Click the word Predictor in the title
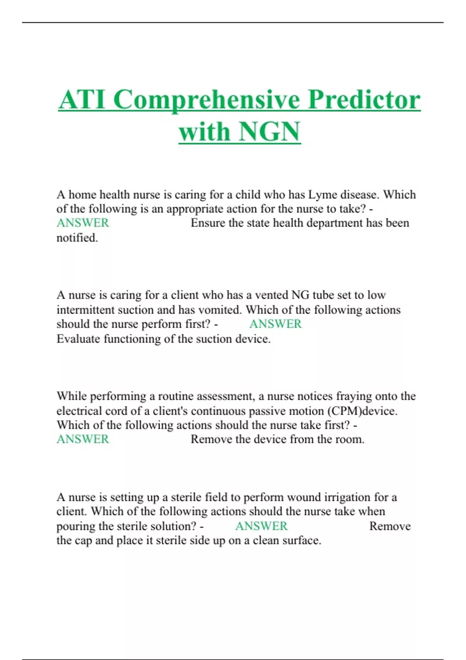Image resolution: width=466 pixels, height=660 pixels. (364, 100)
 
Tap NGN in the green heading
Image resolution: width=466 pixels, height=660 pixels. (270, 132)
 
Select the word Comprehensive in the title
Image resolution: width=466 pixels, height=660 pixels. (207, 100)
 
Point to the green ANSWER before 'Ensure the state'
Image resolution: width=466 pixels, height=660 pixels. (83, 223)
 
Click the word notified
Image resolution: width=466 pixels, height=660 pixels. (77, 238)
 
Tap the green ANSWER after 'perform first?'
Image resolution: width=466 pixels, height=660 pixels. (275, 324)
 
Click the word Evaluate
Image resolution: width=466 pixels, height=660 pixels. (78, 339)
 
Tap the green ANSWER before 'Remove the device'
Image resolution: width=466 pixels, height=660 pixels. (83, 439)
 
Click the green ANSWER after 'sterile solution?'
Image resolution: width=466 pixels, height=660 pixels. (261, 526)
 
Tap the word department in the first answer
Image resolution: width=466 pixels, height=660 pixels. (334, 223)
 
